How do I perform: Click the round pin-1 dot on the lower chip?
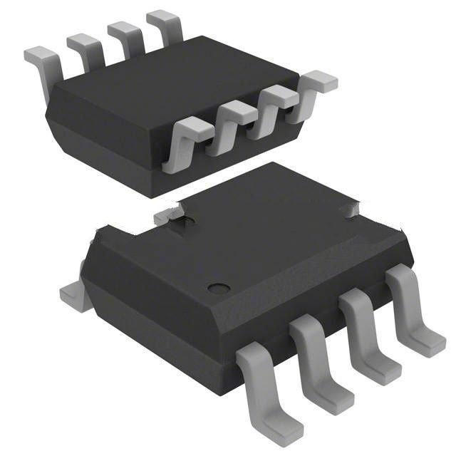pos(219,289)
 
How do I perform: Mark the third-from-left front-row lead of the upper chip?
pos(274,104)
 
